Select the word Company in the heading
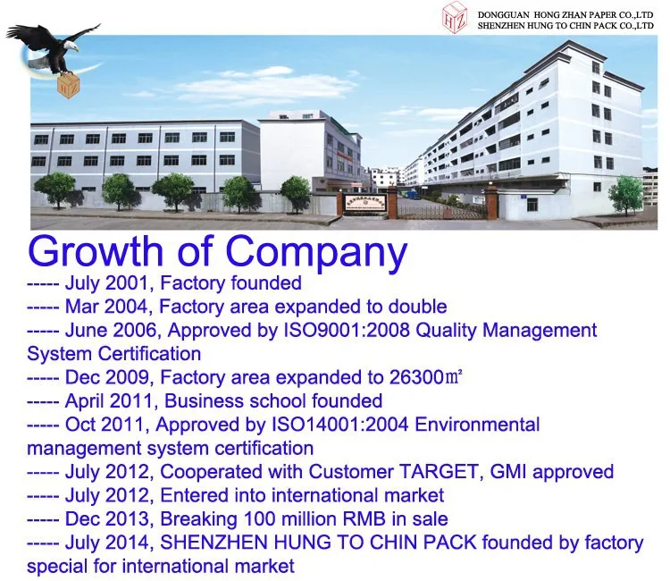(x=317, y=252)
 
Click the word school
(x=270, y=400)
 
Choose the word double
(x=415, y=307)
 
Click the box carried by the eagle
(x=67, y=86)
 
